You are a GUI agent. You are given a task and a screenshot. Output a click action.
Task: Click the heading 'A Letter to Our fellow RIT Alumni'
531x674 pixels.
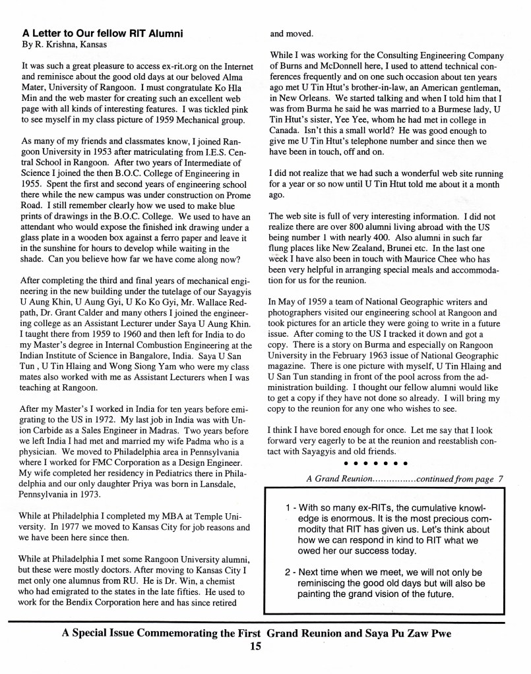[x=102, y=33]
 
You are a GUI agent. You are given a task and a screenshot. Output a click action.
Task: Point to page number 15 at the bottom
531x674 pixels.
[x=257, y=646]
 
